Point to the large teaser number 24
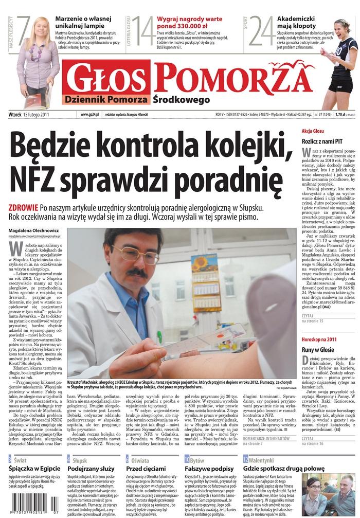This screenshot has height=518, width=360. click(x=262, y=31)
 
